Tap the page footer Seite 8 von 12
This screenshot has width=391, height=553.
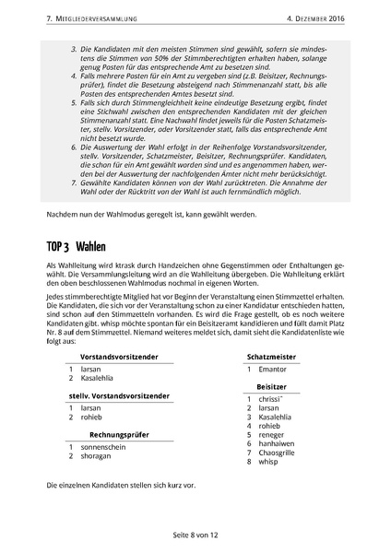coord(195,533)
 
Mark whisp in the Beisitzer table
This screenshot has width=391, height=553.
coord(270,464)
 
